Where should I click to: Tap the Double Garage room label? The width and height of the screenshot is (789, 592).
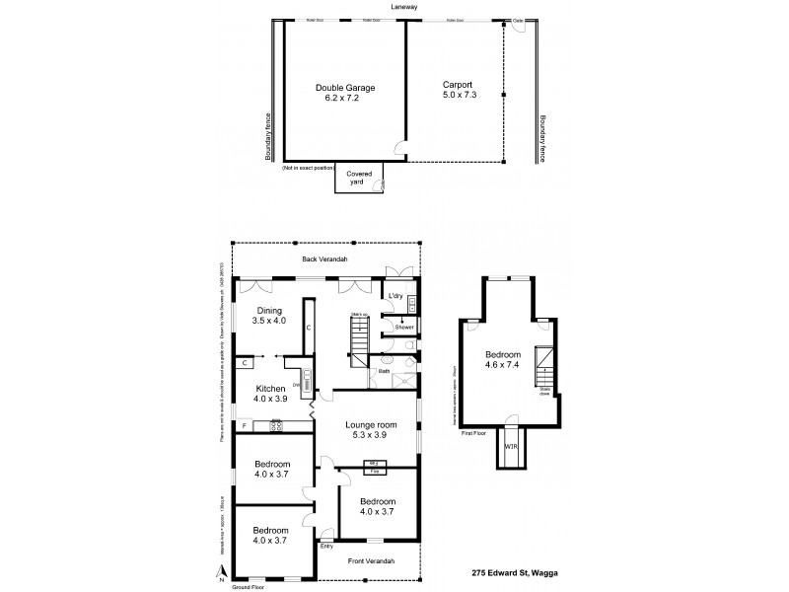[344, 88]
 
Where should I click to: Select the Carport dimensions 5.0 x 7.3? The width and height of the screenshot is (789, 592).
[459, 98]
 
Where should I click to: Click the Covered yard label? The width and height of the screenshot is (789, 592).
[358, 178]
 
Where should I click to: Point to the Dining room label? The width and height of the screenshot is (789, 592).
[269, 310]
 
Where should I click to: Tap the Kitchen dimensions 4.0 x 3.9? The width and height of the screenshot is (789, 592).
[268, 398]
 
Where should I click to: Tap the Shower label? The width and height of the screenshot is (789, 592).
[403, 327]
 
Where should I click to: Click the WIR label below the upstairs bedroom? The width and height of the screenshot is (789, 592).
[511, 447]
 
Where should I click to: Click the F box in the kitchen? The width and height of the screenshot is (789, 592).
[245, 426]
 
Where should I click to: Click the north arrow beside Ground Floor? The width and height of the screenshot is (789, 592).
[223, 571]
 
